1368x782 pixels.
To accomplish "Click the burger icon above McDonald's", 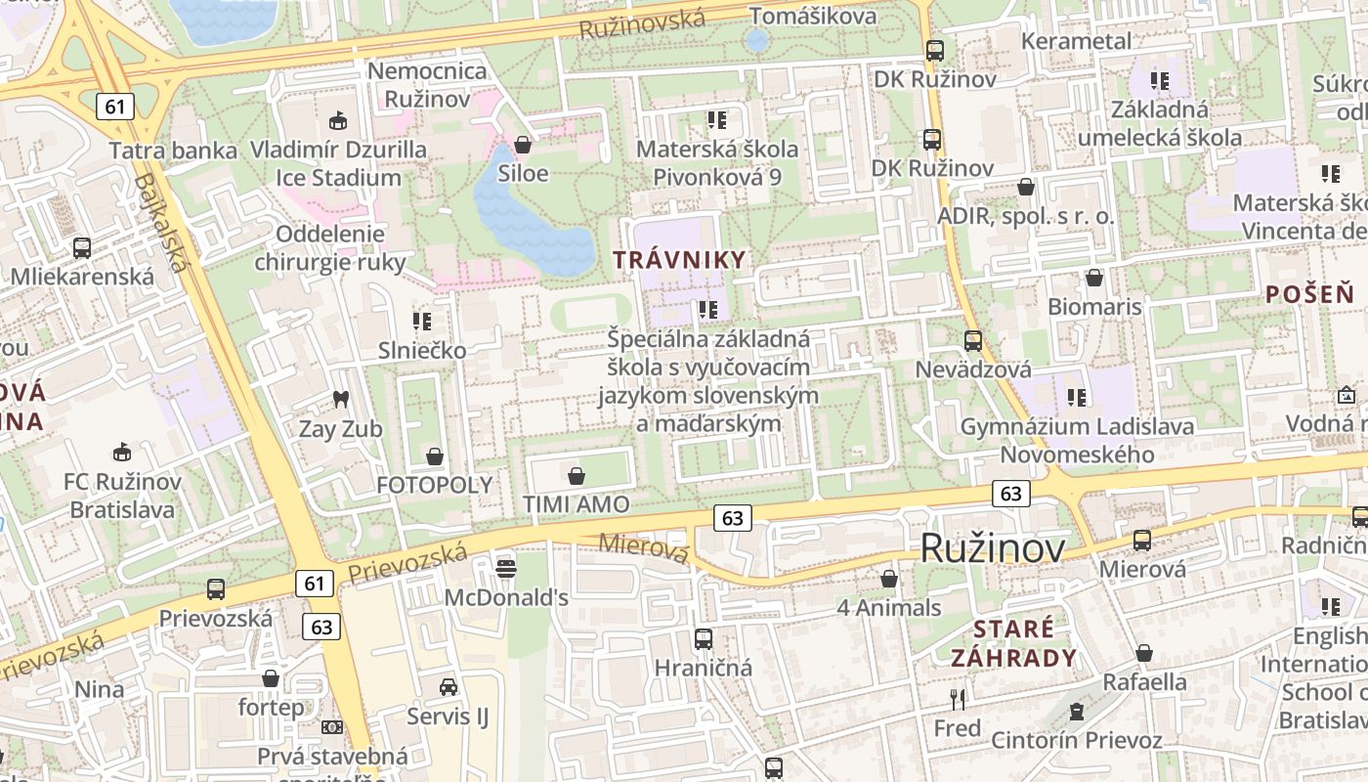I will point(505,567).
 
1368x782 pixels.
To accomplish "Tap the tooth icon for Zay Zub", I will point(341,399).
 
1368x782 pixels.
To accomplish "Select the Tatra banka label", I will point(173,151).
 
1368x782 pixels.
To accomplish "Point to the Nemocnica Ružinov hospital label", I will point(427,85).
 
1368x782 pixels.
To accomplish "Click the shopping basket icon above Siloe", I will point(523,145).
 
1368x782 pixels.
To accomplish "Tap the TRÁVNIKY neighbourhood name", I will point(680,260).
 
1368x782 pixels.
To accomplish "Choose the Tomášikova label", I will point(812,16).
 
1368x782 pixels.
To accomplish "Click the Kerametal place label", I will point(1076,41).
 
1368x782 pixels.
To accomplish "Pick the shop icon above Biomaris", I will point(1094,278).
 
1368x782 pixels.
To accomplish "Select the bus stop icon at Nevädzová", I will point(973,340).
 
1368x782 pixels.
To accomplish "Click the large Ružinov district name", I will point(993,548).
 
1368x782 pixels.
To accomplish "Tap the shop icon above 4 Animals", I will point(889,579).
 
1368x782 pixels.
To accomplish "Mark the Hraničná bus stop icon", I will point(704,639).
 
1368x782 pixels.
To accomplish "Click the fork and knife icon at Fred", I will point(958,699).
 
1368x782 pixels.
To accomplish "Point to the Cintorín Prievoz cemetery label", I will point(1077,740).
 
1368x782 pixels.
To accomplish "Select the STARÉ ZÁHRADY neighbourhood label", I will point(1014,642).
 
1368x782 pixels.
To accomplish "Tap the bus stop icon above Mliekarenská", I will point(82,247).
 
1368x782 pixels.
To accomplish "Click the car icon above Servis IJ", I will point(448,687).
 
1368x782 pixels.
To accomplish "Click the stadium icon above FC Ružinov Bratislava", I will point(122,452).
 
